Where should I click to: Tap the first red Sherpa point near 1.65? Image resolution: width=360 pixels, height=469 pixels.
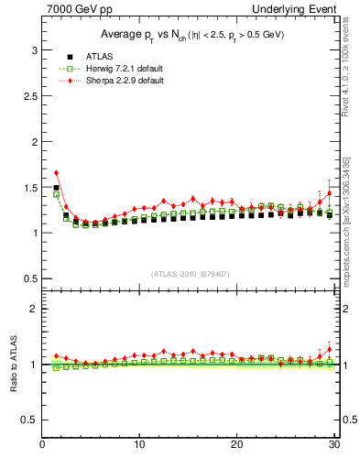coord(57,172)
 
